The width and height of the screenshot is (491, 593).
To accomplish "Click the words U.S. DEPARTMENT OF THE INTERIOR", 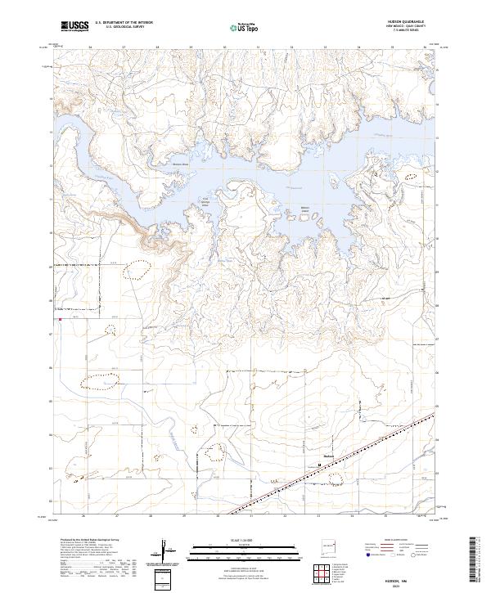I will tap(124, 23).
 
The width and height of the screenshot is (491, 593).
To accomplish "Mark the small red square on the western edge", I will tap(60, 321).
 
